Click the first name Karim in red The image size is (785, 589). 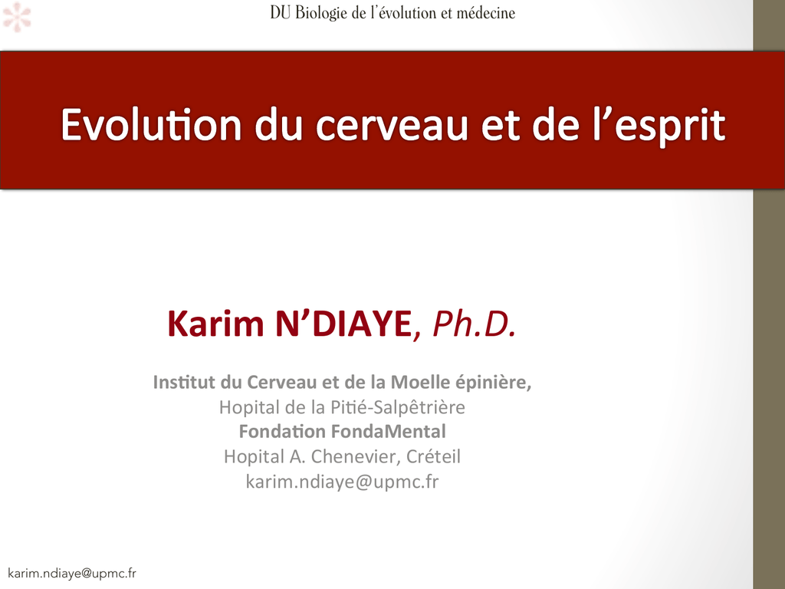tap(215, 324)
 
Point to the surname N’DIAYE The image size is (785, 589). tap(343, 324)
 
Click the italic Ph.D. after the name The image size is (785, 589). tap(474, 324)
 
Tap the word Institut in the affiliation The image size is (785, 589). tap(185, 382)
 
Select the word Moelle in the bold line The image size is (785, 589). tap(421, 382)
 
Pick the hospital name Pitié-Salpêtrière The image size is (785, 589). tap(398, 407)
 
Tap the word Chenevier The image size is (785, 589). tap(356, 456)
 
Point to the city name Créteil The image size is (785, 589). tap(434, 456)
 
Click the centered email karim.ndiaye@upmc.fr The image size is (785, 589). tap(343, 482)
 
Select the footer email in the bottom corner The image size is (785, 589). tap(72, 574)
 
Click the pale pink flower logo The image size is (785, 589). tap(17, 17)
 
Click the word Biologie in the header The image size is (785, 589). tap(321, 13)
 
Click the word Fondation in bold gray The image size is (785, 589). tap(282, 431)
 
